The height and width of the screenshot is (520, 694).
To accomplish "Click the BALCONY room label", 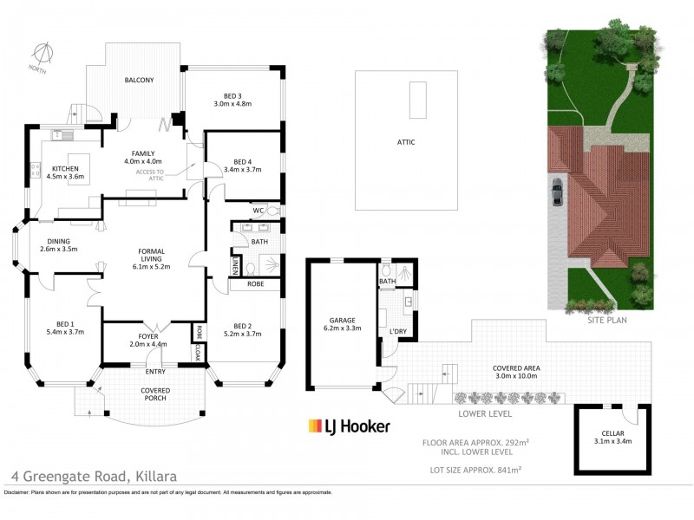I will tap(139, 81).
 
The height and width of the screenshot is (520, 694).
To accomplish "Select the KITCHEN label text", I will tap(66, 168).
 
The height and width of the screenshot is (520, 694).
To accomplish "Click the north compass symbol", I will tap(39, 54).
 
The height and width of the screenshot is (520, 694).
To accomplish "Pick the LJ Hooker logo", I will tap(350, 426).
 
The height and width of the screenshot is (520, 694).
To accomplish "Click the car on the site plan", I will tap(555, 191).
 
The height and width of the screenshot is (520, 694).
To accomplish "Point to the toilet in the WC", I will tap(272, 211).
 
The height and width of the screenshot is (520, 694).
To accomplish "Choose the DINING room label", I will tap(55, 242).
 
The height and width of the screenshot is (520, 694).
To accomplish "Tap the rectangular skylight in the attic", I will tap(419, 100).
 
